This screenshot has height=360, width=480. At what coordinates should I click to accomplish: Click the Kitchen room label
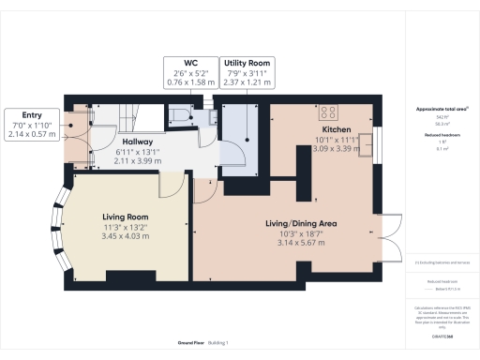pos(336,129)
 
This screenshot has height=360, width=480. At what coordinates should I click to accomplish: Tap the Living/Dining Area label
pos(301,224)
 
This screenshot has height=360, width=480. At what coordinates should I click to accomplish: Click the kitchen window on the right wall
pos(379,146)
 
